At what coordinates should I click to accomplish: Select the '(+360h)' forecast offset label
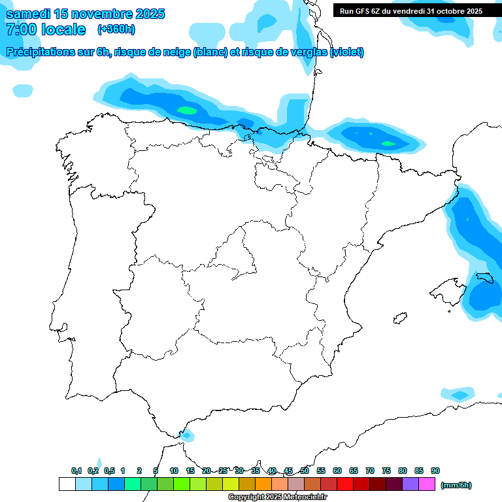pos(116,29)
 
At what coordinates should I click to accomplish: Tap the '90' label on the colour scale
pos(435,471)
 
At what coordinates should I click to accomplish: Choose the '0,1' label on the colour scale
pos(76,471)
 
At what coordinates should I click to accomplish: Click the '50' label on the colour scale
pos(305,471)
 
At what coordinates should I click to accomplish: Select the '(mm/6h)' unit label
pos(456,485)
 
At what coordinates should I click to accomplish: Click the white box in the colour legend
pos(67,484)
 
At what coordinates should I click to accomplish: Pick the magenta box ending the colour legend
pos(427,484)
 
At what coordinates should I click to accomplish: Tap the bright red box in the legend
pos(345,484)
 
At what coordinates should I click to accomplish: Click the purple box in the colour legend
pos(410,484)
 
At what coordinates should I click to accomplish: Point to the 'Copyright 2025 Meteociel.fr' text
pos(277,497)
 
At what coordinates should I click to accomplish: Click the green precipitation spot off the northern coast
pos(188,110)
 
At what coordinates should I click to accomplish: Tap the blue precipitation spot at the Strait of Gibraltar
pos(187,435)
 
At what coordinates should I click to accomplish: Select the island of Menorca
pos(482,277)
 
